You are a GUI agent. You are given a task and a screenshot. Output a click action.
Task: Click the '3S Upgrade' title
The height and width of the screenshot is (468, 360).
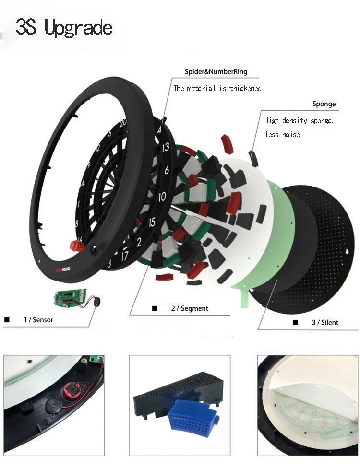pyautogui.click(x=64, y=28)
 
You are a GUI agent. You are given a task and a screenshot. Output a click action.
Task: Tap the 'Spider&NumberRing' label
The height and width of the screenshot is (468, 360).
pyautogui.click(x=216, y=72)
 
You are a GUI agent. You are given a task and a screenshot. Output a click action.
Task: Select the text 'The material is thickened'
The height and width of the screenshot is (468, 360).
pyautogui.click(x=217, y=88)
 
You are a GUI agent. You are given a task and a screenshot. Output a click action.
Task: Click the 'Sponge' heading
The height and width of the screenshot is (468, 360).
pyautogui.click(x=324, y=104)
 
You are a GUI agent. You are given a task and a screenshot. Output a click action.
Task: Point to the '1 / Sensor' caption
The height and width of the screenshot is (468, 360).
pyautogui.click(x=38, y=319)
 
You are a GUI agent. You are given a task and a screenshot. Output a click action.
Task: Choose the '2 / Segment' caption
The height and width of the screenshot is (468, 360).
pyautogui.click(x=190, y=308)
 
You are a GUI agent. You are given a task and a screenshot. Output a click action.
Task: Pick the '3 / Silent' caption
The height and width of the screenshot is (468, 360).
pyautogui.click(x=325, y=323)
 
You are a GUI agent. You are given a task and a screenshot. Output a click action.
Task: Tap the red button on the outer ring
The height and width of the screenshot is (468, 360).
pyautogui.click(x=75, y=246)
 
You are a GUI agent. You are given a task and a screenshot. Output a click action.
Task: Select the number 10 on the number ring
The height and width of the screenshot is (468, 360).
pyautogui.click(x=162, y=197)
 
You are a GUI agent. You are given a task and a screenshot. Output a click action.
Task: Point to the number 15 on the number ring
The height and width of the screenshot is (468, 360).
pyautogui.click(x=152, y=222)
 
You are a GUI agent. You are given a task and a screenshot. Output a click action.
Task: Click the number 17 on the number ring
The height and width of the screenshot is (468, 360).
pyautogui.click(x=124, y=257)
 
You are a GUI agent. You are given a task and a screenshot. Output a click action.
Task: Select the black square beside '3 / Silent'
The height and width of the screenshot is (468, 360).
pyautogui.click(x=295, y=323)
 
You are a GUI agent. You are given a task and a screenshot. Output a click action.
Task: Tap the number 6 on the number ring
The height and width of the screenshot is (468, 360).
pyautogui.click(x=166, y=170)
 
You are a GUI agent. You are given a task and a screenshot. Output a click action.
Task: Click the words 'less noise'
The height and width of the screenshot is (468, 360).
pyautogui.click(x=283, y=135)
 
